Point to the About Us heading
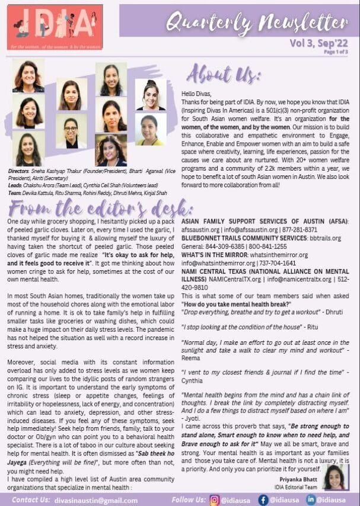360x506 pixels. tap(224, 76)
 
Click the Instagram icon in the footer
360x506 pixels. tap(214, 499)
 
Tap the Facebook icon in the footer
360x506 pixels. tap(263, 499)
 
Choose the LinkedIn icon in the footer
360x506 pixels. tap(311, 499)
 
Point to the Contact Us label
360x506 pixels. tap(30, 500)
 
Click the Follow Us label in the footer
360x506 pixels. tap(188, 500)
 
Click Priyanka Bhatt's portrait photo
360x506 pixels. tap(334, 476)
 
